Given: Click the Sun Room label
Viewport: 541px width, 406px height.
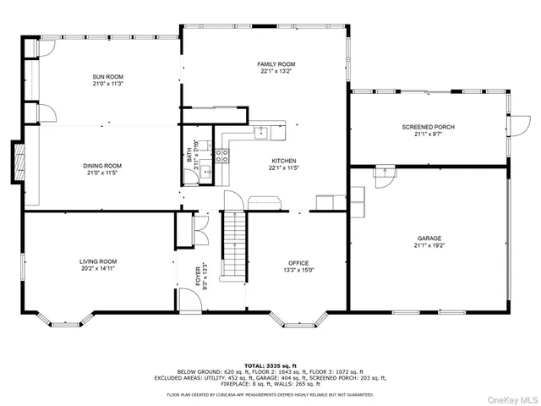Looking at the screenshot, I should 108,77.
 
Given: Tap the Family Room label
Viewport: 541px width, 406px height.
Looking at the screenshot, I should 276,64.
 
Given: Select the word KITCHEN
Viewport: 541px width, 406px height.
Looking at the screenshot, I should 283,160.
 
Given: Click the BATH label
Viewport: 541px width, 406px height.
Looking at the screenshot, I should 189,156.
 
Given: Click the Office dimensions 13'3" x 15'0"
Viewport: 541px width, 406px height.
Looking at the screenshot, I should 298,271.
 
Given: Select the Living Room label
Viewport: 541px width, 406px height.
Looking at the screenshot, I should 98,262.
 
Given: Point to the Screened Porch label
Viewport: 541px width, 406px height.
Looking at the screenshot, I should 428,127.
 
